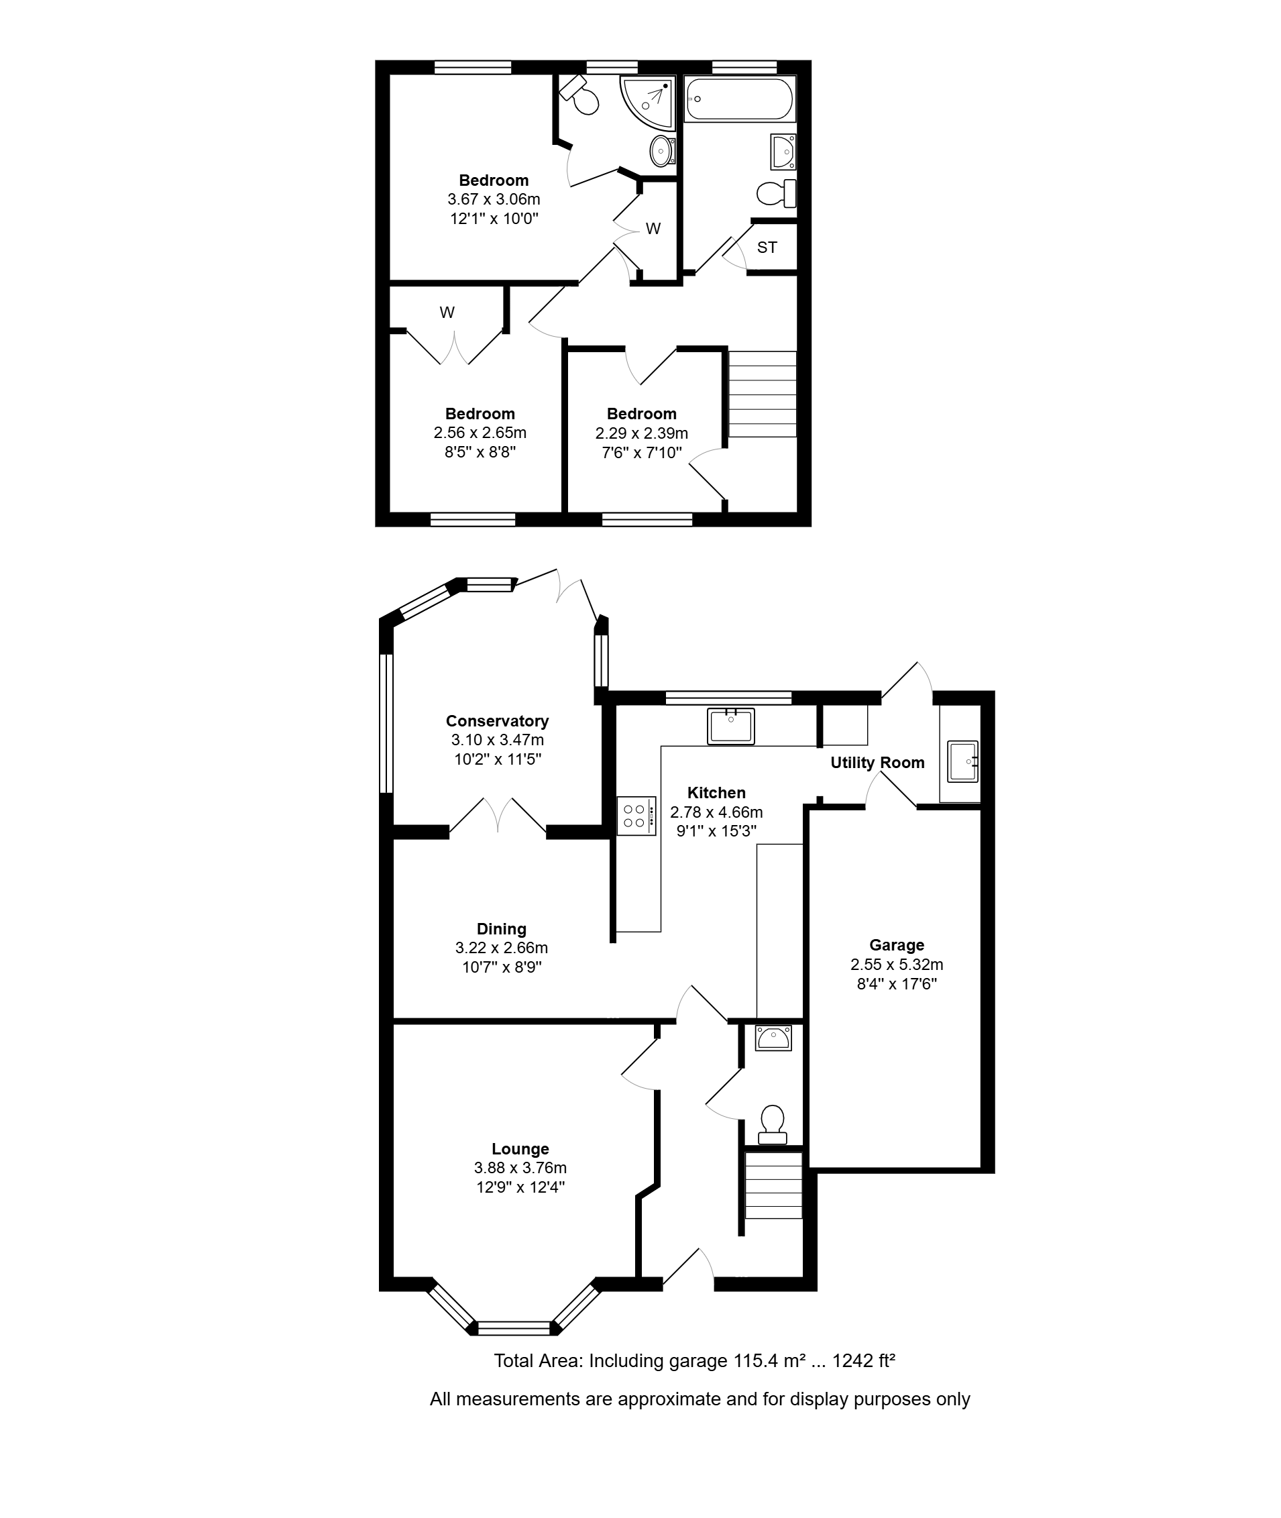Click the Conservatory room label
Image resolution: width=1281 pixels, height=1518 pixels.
pyautogui.click(x=497, y=721)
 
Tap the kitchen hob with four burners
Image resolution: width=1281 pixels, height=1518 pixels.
pyautogui.click(x=636, y=816)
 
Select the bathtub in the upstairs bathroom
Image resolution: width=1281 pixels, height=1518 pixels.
pyautogui.click(x=739, y=99)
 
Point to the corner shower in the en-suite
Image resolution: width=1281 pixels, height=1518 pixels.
pyautogui.click(x=648, y=103)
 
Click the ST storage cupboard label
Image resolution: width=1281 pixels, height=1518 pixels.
pyautogui.click(x=767, y=248)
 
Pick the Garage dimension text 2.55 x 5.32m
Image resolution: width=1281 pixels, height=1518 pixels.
pyautogui.click(x=897, y=965)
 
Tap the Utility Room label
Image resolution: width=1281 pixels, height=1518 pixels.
pyautogui.click(x=877, y=763)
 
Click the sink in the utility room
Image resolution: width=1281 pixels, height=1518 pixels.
pyautogui.click(x=963, y=761)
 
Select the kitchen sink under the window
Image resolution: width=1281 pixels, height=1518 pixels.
pyautogui.click(x=730, y=726)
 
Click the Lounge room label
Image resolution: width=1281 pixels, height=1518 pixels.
pyautogui.click(x=520, y=1149)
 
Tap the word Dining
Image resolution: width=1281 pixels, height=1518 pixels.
pyautogui.click(x=501, y=929)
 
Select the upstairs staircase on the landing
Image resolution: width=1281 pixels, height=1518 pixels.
pyautogui.click(x=763, y=394)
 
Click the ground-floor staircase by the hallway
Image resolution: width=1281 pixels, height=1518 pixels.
pyautogui.click(x=773, y=1185)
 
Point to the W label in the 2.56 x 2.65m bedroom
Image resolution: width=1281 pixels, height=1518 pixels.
pyautogui.click(x=447, y=313)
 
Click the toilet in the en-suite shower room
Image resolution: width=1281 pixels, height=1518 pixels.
pyautogui.click(x=580, y=95)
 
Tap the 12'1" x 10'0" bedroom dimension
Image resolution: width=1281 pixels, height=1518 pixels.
pyautogui.click(x=494, y=219)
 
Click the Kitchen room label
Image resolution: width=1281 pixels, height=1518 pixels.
pyautogui.click(x=717, y=793)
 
